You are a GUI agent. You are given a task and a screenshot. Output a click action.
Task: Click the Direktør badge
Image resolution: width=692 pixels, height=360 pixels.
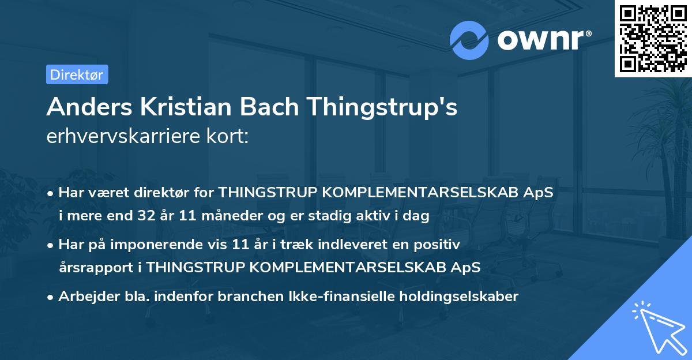(x=77, y=74)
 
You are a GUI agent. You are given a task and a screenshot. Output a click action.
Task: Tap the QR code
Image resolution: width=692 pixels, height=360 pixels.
(x=652, y=39)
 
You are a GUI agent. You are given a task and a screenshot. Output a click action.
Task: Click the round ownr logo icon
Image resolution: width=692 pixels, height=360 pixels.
(x=469, y=40)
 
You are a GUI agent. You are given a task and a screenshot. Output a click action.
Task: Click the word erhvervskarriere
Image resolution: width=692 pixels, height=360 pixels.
(x=126, y=136)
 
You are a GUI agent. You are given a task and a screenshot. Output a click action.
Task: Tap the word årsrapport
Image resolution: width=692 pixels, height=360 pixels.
(x=99, y=268)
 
